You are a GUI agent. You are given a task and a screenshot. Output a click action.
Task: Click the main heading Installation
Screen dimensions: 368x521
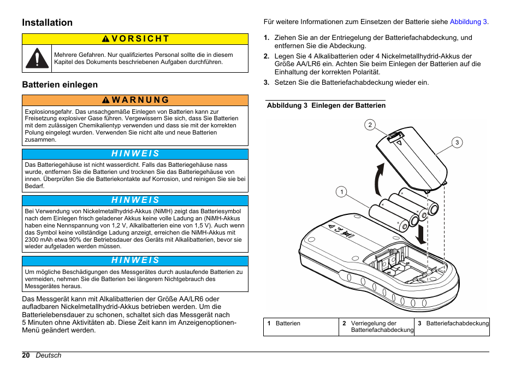click(x=48, y=22)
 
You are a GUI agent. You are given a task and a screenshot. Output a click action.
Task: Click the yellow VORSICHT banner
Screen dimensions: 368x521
click(x=135, y=39)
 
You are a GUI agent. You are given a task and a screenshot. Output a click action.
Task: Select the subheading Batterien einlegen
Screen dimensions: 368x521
click(x=60, y=85)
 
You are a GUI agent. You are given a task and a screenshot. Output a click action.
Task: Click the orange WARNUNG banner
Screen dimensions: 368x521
click(x=135, y=100)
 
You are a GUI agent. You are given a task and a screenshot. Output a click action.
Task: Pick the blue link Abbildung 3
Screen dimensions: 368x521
click(x=469, y=22)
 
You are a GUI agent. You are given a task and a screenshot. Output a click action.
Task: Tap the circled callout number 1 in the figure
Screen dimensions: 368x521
click(x=341, y=191)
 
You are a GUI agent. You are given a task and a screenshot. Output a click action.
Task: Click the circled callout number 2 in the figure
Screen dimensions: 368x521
click(x=370, y=125)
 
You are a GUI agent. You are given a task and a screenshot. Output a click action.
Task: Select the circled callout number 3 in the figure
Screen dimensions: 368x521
click(x=457, y=143)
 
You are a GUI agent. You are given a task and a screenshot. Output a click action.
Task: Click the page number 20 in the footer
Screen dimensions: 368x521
click(x=26, y=355)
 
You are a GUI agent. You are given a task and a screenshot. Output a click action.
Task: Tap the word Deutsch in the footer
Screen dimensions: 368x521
click(x=49, y=355)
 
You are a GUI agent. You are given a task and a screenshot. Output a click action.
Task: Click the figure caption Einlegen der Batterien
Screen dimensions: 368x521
click(x=348, y=106)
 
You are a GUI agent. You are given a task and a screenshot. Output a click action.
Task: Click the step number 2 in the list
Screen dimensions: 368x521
click(x=267, y=56)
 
